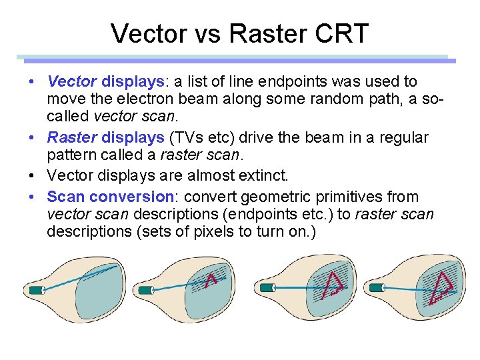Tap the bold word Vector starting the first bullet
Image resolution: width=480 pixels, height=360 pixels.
(72, 82)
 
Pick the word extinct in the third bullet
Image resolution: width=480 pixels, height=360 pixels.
(261, 176)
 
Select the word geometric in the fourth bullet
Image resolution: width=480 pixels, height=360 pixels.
(275, 197)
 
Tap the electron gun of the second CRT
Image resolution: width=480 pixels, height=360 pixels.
(144, 290)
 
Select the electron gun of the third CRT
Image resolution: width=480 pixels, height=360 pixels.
(267, 287)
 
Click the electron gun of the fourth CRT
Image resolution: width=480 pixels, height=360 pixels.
(377, 288)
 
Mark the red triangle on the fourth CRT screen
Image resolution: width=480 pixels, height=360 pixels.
(441, 289)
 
